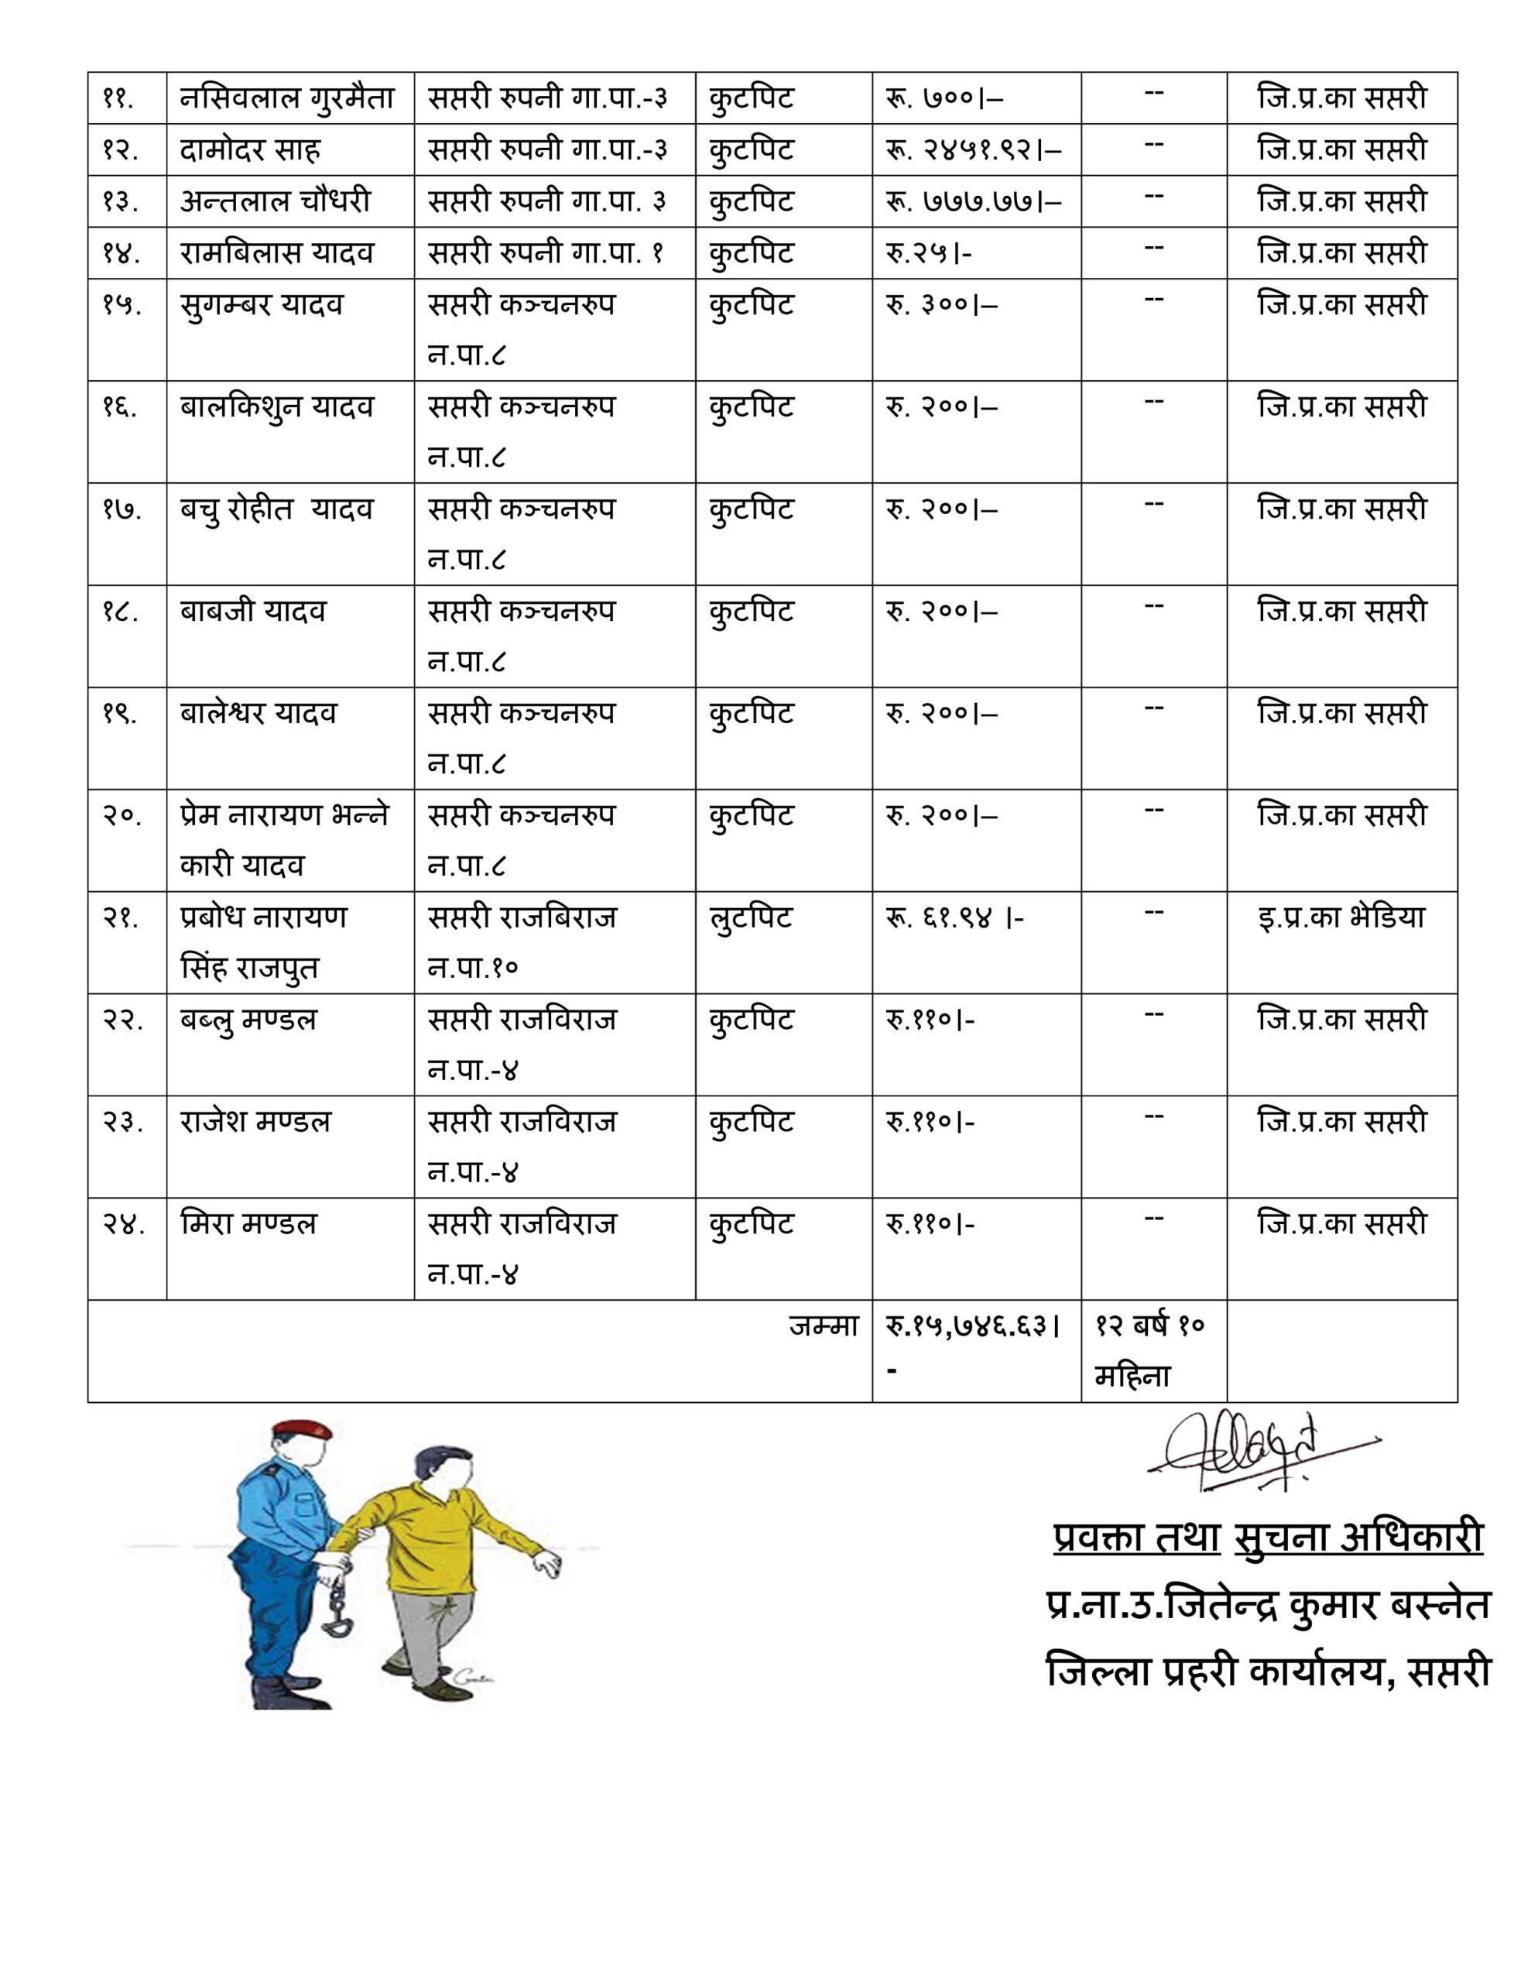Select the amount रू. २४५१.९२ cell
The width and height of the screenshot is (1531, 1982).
(x=973, y=149)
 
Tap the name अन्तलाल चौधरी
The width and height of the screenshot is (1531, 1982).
(x=275, y=201)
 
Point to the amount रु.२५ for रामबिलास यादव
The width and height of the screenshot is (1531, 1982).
(x=928, y=252)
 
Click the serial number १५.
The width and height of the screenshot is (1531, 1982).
(x=122, y=305)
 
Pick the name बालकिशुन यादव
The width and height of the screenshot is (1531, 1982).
(x=276, y=406)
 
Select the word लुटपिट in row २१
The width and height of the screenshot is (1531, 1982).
(x=751, y=917)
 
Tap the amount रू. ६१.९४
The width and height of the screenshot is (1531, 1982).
(x=954, y=918)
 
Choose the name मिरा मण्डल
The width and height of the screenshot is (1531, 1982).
(x=248, y=1224)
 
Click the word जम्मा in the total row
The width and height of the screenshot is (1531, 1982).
(x=823, y=1326)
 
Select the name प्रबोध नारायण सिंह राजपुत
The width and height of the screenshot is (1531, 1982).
(x=263, y=942)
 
